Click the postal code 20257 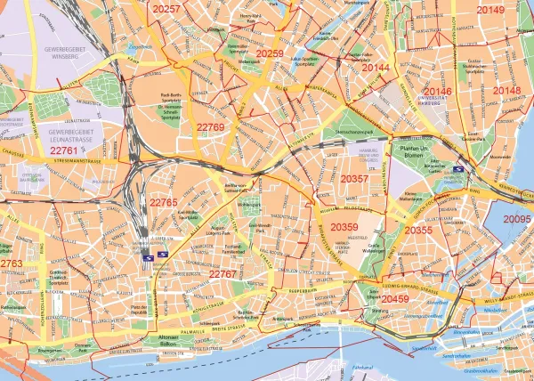(x=166, y=9)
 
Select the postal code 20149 (x=489, y=10)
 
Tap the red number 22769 (x=210, y=128)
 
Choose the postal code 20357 (x=354, y=179)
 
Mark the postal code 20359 (x=344, y=228)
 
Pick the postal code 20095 (x=517, y=219)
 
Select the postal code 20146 (x=437, y=92)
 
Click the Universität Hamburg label (x=440, y=103)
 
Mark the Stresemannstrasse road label (x=88, y=163)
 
